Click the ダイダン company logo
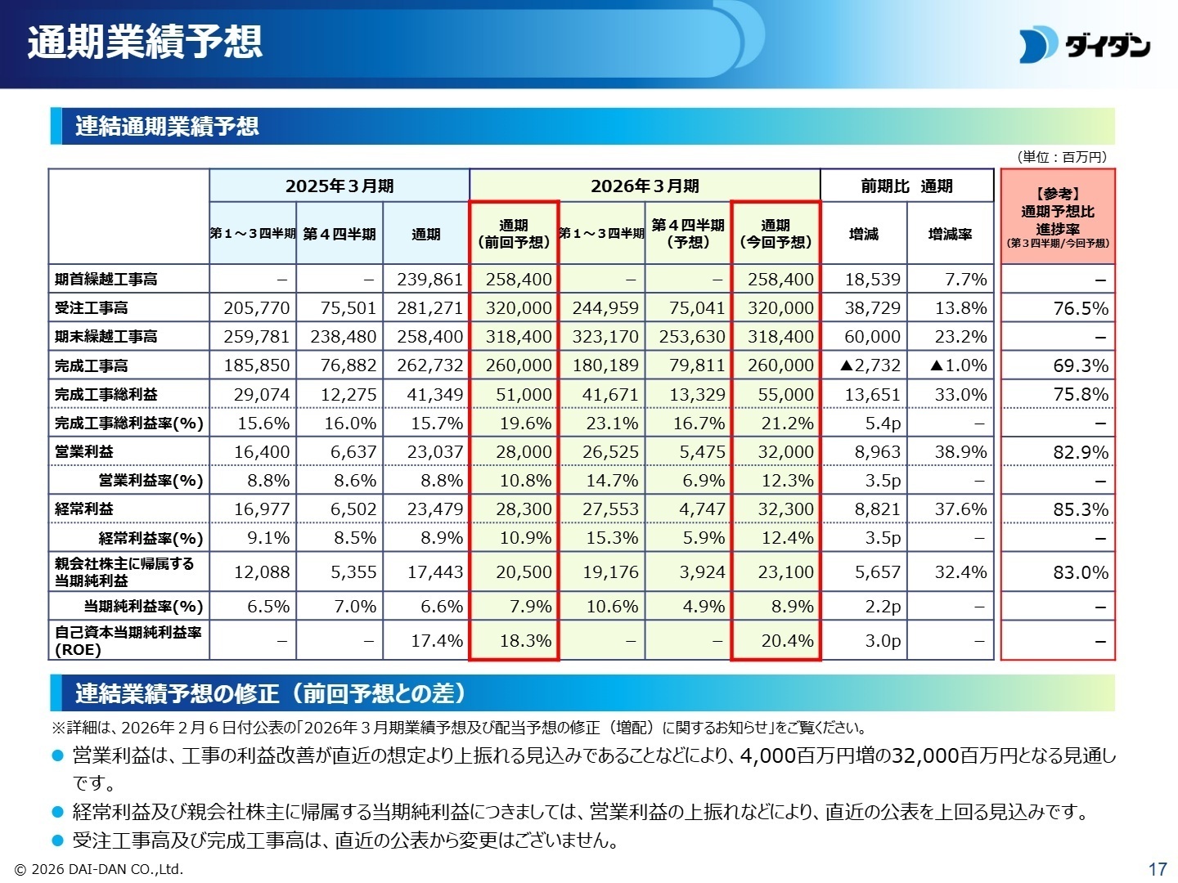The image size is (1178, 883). point(1085,46)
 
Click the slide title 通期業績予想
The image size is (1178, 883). point(145,42)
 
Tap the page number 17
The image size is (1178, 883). point(1157,868)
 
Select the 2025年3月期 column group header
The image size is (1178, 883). point(339,186)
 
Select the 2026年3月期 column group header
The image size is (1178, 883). point(645,186)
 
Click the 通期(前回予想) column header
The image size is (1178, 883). point(514,234)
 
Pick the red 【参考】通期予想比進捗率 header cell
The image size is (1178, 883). point(1057,217)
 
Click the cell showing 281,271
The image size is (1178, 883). point(429,308)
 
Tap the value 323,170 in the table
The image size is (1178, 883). point(605,337)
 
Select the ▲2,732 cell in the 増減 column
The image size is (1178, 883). point(870,365)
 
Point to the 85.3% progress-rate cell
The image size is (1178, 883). point(1080,509)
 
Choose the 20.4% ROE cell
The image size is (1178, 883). point(786,641)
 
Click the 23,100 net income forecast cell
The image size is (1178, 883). point(785,572)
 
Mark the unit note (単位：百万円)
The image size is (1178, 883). point(1061,157)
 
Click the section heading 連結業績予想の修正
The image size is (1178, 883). point(270,693)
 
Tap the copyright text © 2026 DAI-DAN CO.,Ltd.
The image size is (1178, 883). point(99,869)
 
